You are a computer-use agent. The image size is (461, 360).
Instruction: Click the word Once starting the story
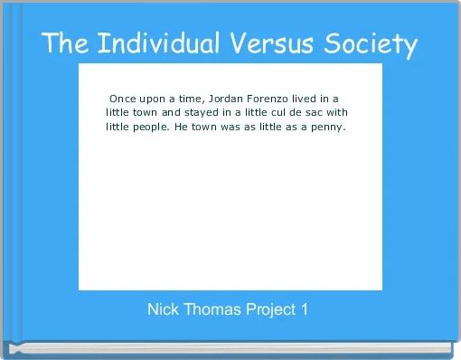[123, 97]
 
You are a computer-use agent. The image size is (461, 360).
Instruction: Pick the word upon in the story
[155, 98]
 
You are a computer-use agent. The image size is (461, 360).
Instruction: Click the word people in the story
[147, 128]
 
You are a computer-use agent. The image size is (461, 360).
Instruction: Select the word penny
[328, 128]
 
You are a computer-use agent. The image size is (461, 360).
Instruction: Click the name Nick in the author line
[163, 309]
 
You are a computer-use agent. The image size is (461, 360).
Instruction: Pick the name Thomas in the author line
[212, 309]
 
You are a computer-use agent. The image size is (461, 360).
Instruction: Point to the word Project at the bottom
[271, 310]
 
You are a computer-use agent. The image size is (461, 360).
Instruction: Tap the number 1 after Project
[305, 309]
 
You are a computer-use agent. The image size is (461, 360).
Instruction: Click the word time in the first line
[187, 97]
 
